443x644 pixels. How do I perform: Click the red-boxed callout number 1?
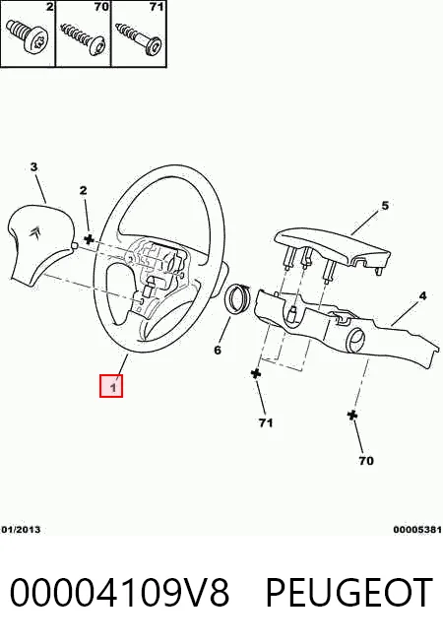(111, 386)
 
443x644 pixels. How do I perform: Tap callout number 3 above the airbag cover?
(34, 166)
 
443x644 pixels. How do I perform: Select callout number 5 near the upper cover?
(385, 206)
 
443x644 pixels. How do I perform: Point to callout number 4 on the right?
(422, 295)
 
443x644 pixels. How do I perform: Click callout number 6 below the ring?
(218, 350)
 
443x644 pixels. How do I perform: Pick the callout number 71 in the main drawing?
(266, 422)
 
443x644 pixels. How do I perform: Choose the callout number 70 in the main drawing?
(366, 461)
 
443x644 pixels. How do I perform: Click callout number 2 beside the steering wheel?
(84, 190)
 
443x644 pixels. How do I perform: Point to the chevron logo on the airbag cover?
(34, 232)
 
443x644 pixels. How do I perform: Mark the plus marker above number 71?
(256, 373)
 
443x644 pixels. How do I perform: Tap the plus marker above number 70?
(351, 415)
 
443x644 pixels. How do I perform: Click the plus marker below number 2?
(89, 239)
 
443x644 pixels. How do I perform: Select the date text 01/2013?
(21, 530)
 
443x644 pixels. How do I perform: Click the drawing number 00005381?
(417, 530)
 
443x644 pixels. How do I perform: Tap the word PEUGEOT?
(348, 592)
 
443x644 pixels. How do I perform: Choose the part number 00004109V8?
(119, 592)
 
